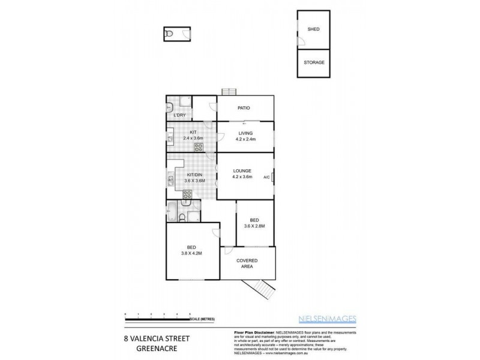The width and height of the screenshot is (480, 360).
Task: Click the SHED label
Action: pyautogui.click(x=313, y=29)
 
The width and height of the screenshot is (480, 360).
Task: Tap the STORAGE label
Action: pyautogui.click(x=313, y=62)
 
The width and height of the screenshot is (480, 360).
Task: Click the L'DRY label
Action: pyautogui.click(x=179, y=115)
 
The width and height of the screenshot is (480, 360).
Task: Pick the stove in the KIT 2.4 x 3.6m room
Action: pyautogui.click(x=199, y=146)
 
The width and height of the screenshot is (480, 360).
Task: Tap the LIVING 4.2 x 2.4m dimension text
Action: pyautogui.click(x=245, y=139)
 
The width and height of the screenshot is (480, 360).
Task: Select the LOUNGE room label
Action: pyautogui.click(x=242, y=170)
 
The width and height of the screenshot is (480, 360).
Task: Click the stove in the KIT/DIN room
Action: pyautogui.click(x=187, y=194)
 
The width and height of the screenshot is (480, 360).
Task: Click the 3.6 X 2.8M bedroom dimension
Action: pyautogui.click(x=254, y=226)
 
